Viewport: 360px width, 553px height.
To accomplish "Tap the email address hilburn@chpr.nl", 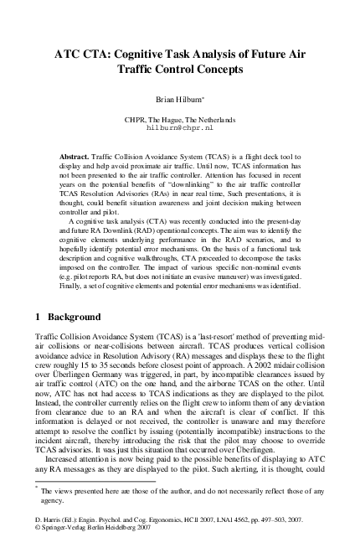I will [180, 129].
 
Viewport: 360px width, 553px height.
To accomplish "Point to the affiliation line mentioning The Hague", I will [180, 120].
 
